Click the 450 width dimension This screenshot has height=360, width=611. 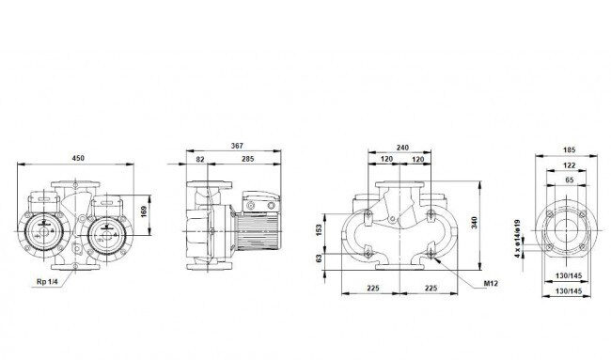[78, 158]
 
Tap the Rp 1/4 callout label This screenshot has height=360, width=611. [47, 281]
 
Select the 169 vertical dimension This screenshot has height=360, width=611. [144, 211]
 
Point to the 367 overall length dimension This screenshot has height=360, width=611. [237, 146]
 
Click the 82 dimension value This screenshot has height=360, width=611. [200, 159]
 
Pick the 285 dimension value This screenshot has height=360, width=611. [247, 159]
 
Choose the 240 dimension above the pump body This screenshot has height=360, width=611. [402, 148]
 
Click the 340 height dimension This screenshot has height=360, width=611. [474, 223]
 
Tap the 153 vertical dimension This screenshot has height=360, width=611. [320, 230]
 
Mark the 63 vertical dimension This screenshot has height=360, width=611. [320, 258]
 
